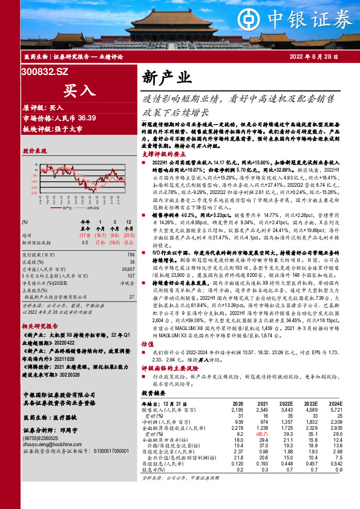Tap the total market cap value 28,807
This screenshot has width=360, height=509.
click(x=127, y=251)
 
